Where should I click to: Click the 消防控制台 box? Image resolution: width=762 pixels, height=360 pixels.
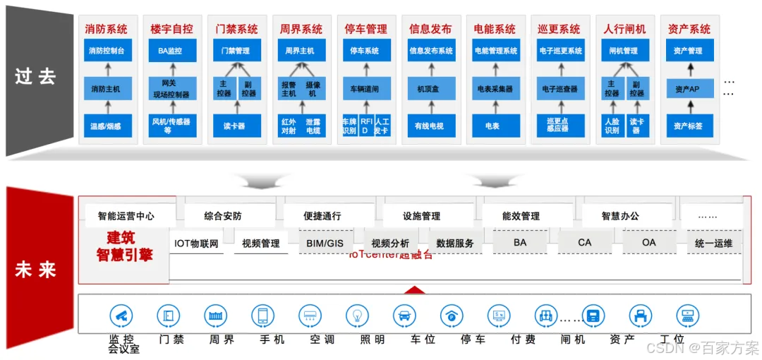tap(107, 51)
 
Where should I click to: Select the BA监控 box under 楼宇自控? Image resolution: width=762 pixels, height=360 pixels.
tap(171, 51)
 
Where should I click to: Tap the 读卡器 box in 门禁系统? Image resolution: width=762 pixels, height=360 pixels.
tap(236, 126)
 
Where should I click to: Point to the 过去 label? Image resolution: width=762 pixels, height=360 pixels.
tap(35, 76)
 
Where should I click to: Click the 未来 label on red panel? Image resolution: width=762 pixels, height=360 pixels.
tap(35, 270)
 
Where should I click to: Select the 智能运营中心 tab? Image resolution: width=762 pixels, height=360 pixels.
tap(126, 216)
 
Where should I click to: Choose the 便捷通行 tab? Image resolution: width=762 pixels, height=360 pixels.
tap(322, 216)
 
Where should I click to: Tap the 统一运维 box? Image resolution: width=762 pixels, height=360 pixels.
tap(713, 243)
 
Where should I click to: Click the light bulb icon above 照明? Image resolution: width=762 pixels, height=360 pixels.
tap(357, 315)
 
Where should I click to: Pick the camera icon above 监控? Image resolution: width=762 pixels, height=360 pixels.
tap(121, 315)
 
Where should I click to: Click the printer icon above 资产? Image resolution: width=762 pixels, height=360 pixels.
tap(640, 315)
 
